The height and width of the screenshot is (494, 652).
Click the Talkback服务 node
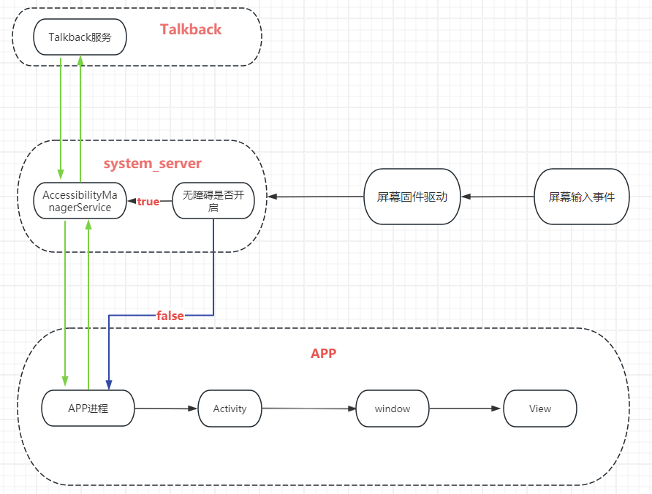point(80,37)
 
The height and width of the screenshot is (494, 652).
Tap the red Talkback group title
point(191,29)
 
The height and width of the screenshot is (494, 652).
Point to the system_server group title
point(152,163)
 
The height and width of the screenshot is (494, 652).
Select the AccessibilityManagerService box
point(80,201)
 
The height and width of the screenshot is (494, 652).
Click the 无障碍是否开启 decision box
point(213,201)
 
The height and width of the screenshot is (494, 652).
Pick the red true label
point(148,202)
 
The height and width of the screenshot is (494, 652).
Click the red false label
point(170,316)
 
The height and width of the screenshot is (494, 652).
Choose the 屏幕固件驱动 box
point(412,197)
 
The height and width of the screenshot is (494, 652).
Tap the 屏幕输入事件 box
point(581,197)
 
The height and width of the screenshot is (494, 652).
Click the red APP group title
point(323,353)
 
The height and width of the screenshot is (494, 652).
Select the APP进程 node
point(88,408)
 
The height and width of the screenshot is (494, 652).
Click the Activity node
point(230,408)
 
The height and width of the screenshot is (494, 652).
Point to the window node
point(393,408)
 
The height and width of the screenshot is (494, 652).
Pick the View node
point(539,408)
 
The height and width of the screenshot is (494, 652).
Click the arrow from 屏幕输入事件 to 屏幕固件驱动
point(498,197)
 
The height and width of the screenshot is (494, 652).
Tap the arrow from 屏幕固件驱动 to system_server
point(316,197)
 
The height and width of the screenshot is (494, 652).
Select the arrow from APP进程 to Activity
point(166,408)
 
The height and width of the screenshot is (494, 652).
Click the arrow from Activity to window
point(308,408)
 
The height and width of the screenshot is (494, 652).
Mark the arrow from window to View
point(466,408)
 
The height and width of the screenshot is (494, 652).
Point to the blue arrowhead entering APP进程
point(109,384)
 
